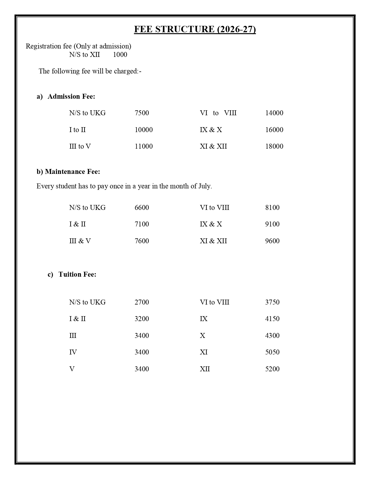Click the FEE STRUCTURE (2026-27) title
pos(195,29)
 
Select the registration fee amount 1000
pos(120,55)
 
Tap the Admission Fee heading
pos(71,96)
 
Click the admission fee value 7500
pos(142,113)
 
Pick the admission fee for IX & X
pos(274,130)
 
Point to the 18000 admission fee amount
pos(274,146)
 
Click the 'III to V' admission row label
pos(80,146)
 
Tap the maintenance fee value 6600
pos(142,208)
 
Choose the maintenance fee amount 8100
pos(272,208)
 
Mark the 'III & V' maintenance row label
pos(80,241)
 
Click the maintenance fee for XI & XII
pos(272,241)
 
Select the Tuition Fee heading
pos(77,274)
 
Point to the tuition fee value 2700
pos(142,302)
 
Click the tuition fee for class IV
pos(142,352)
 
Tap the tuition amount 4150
pos(272,319)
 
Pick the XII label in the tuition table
pos(205,369)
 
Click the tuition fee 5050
pos(272,352)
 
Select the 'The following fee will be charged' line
pos(90,71)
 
